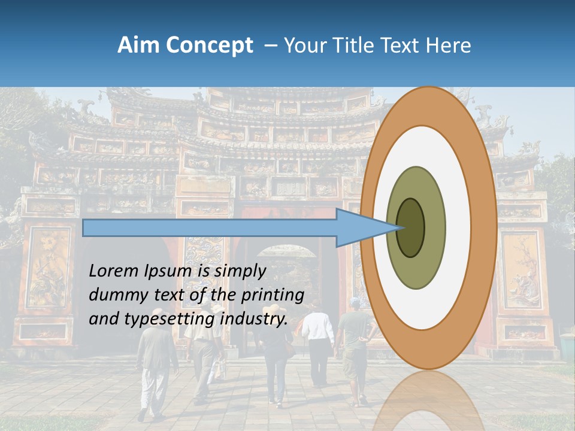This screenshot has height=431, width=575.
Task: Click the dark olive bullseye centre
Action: click(410, 227)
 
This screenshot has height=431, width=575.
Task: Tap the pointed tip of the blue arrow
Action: click(400, 227)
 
